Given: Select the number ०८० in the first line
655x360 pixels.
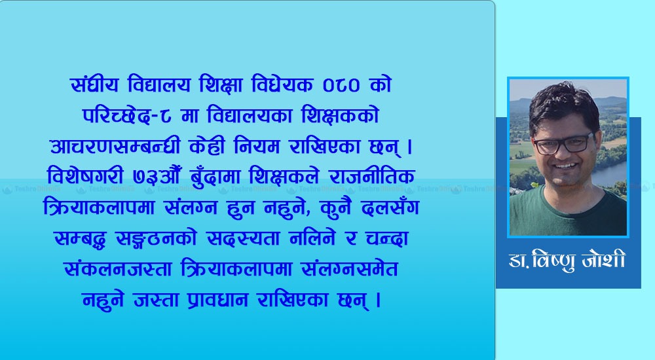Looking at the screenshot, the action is pos(341,86).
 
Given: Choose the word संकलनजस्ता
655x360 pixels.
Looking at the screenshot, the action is pos(118,270).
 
